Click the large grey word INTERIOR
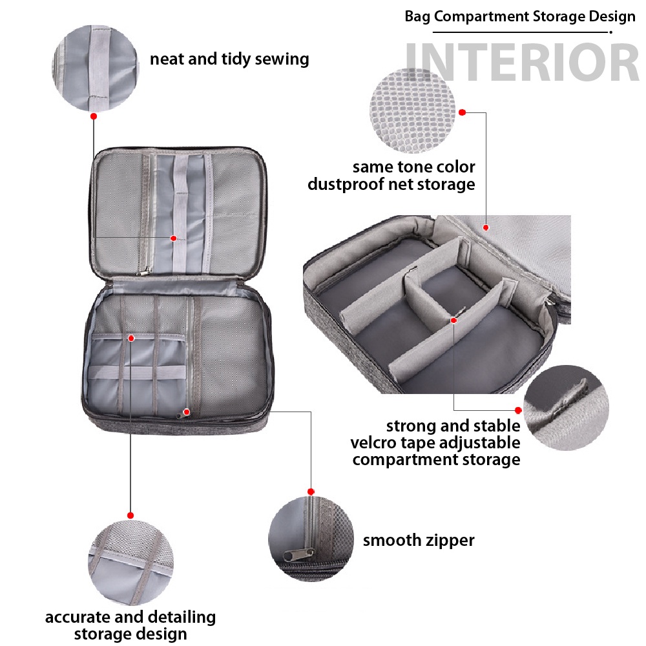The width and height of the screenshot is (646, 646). click(x=522, y=63)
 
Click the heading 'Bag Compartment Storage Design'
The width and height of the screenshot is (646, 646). click(x=520, y=17)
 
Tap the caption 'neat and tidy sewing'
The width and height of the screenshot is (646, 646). click(x=229, y=59)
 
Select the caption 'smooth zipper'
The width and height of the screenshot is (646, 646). click(x=419, y=540)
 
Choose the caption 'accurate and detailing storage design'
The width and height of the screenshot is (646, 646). click(x=130, y=625)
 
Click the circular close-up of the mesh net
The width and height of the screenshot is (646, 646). click(x=412, y=111)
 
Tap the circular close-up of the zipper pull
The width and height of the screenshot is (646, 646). click(x=311, y=539)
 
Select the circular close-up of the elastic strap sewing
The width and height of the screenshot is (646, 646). click(x=96, y=68)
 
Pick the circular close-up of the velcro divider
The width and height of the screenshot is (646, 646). click(x=566, y=408)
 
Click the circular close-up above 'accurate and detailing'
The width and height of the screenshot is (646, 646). click(x=130, y=563)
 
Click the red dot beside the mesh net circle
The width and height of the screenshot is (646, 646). click(x=463, y=112)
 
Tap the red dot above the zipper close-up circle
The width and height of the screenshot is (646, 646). click(x=311, y=492)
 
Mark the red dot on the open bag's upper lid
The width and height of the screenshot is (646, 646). click(x=173, y=238)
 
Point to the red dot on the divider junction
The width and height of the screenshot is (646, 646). click(x=453, y=320)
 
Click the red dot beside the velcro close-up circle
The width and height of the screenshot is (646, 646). click(x=518, y=410)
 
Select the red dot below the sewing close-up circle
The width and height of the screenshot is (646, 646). click(x=94, y=116)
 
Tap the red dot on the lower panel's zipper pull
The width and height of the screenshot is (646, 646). click(x=187, y=412)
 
